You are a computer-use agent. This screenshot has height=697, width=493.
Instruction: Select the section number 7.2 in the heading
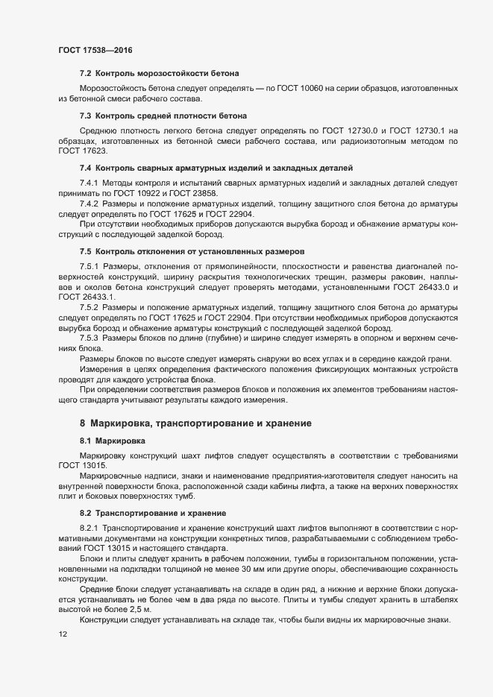tap(85, 73)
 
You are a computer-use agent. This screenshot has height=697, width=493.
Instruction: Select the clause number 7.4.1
tap(89, 183)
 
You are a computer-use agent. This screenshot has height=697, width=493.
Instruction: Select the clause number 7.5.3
tap(89, 337)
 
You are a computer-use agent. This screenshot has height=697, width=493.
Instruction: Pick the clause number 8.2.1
tap(89, 528)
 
